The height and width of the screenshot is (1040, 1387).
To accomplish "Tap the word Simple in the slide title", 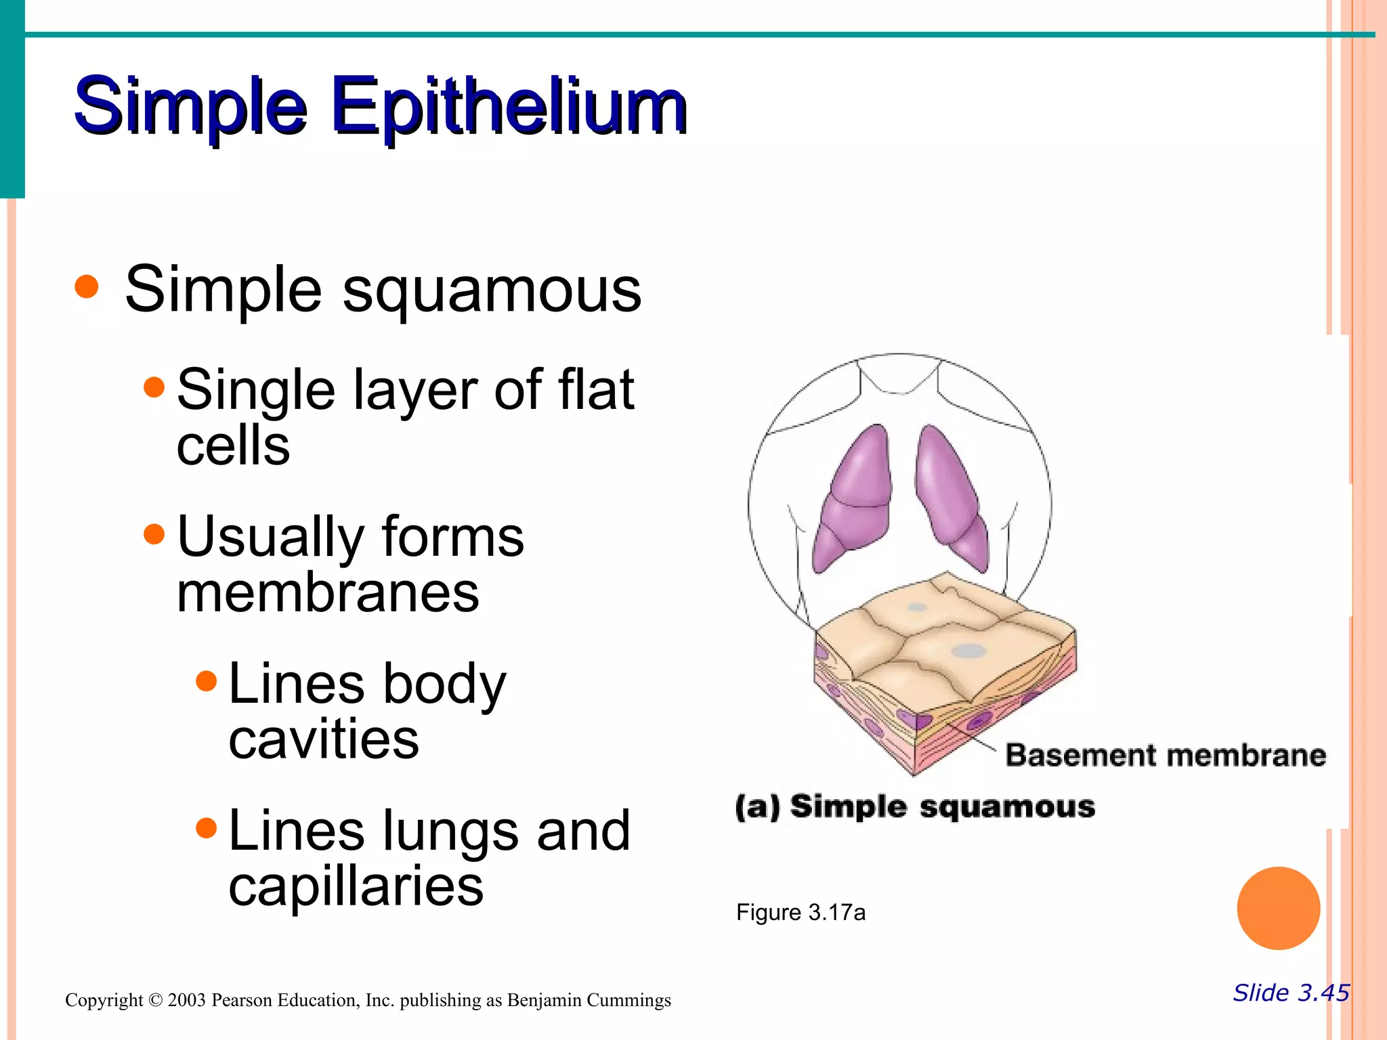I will [x=190, y=107].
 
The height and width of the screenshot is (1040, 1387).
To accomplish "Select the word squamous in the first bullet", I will [x=492, y=290].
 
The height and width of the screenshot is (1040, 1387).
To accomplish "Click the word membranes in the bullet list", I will [x=328, y=592].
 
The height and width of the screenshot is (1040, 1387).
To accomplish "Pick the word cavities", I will [x=324, y=739].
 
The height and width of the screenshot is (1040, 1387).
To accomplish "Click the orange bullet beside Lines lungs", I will [x=206, y=827].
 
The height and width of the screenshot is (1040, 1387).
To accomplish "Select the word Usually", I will [x=270, y=537].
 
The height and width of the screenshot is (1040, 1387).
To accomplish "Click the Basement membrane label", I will [x=1165, y=755].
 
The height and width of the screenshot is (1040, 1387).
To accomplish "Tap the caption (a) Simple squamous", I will [x=915, y=807].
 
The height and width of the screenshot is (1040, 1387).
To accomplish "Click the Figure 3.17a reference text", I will [x=801, y=913].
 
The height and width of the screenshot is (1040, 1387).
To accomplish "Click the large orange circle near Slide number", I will [x=1278, y=908].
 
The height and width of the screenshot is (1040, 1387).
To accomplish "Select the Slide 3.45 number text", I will [x=1291, y=993].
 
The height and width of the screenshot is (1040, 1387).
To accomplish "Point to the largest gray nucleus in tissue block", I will [x=969, y=651].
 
